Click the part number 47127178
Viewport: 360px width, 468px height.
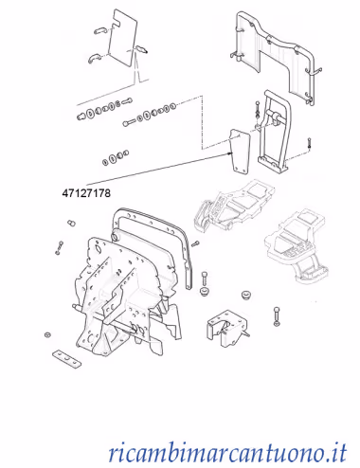86,193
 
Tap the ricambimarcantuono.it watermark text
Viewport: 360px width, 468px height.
227,453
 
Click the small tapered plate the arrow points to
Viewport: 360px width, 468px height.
240,151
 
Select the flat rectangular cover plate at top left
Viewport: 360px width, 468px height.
123,38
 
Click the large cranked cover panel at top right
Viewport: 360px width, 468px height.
274,54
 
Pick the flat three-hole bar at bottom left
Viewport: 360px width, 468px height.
66,359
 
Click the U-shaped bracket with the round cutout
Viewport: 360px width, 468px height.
227,329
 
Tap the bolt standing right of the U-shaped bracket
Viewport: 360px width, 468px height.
277,316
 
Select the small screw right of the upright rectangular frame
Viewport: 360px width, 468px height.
309,143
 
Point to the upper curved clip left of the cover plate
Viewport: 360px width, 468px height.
100,30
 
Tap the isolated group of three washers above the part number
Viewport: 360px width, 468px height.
116,157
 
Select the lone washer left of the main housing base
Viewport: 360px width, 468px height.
48,334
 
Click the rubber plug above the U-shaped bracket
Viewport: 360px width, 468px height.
245,296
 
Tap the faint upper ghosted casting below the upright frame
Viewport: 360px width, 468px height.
233,206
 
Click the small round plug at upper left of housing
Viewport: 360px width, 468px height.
71,223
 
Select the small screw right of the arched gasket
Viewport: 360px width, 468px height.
195,243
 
